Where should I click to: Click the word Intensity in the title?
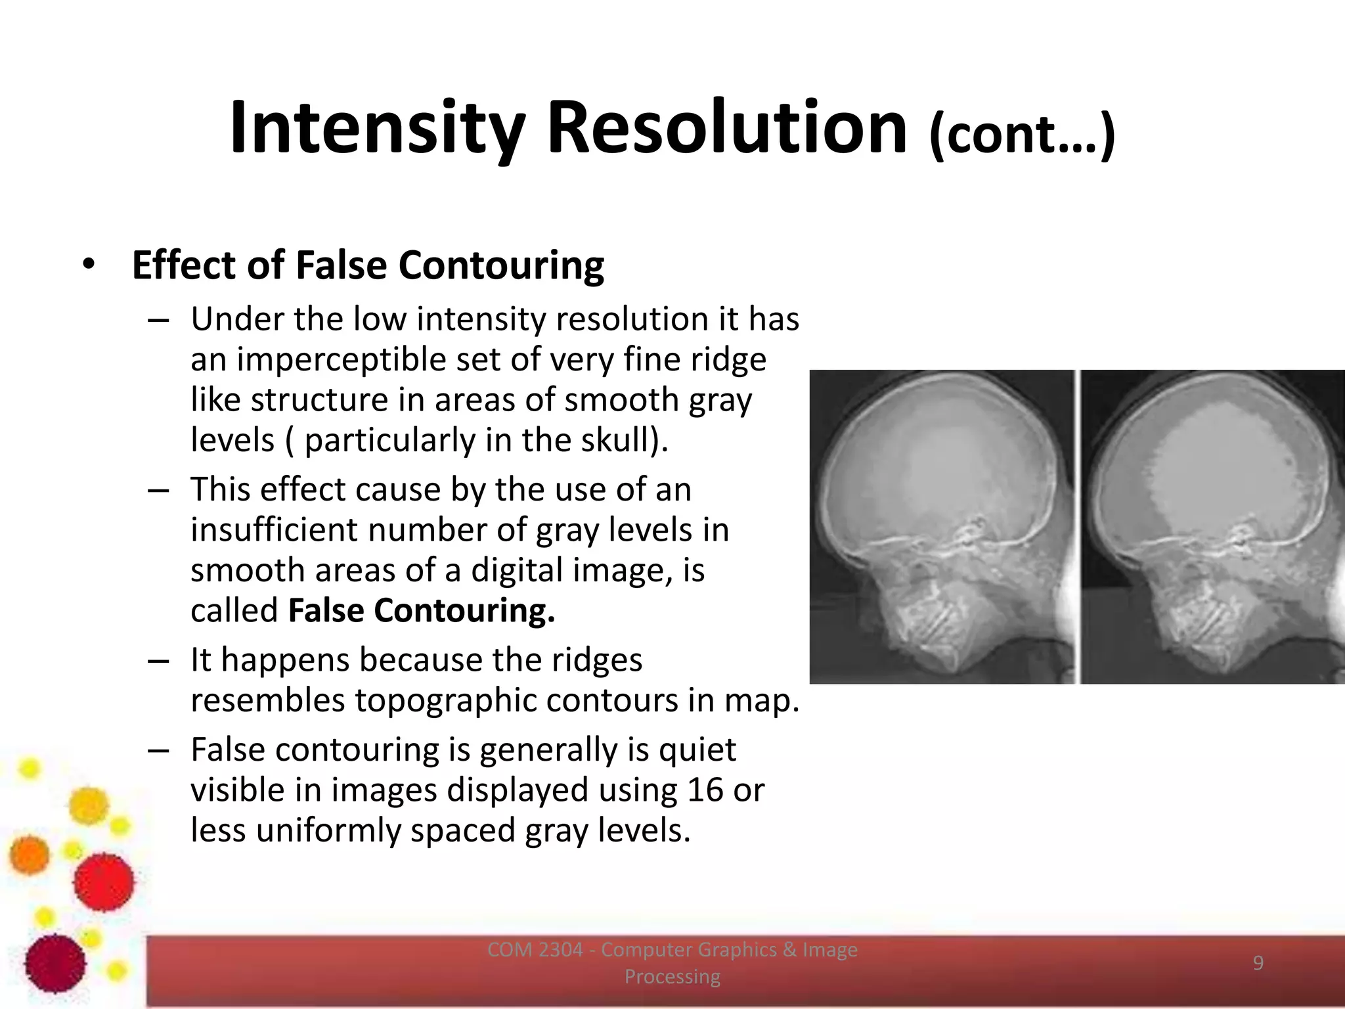[x=378, y=128]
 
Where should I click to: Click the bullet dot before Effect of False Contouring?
[x=89, y=265]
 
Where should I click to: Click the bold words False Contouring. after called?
[x=422, y=610]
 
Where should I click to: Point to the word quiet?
[x=697, y=750]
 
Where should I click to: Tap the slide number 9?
[x=1258, y=963]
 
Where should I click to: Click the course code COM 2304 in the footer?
[x=535, y=950]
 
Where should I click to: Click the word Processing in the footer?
[x=672, y=977]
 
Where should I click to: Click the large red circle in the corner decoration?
[x=103, y=882]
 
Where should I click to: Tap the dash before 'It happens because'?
[x=158, y=660]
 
